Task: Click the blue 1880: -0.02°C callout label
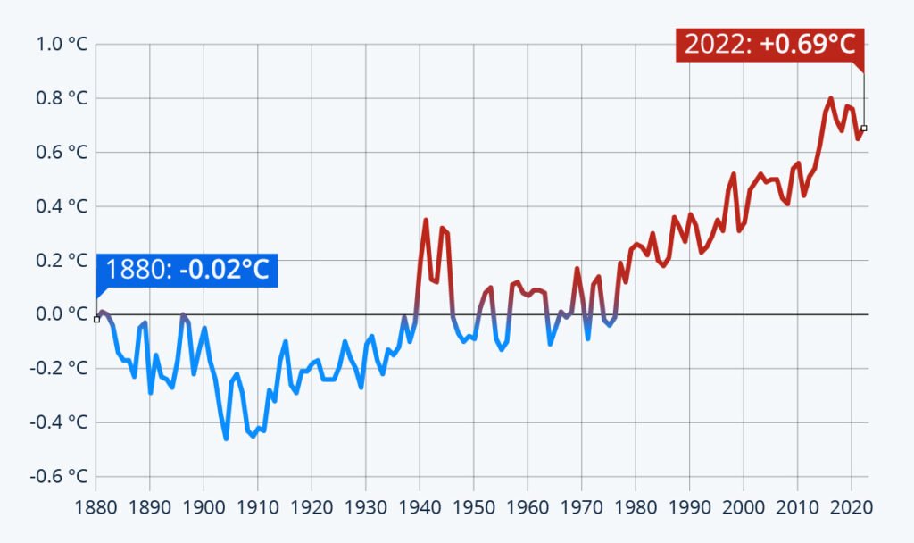tap(187, 270)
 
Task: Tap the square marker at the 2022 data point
tap(863, 128)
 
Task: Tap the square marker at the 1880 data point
tap(96, 319)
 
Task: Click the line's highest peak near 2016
tap(830, 98)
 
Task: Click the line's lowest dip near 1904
tap(226, 438)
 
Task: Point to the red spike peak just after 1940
tap(426, 220)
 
